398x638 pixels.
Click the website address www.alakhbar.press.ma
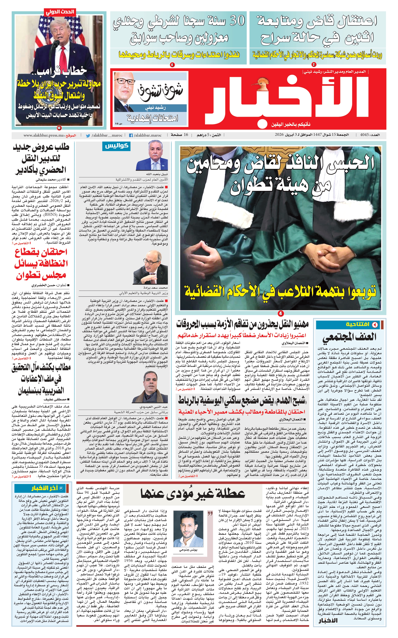44,135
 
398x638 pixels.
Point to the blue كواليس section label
116,146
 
